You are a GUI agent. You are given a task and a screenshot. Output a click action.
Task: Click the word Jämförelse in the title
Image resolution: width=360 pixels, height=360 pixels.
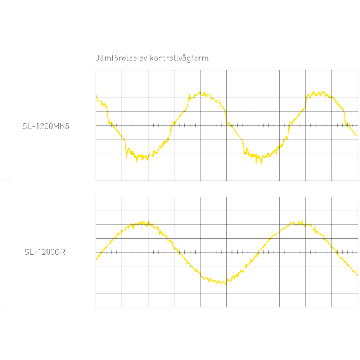click(x=115, y=58)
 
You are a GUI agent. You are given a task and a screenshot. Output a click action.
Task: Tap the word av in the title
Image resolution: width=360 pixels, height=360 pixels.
click(x=143, y=58)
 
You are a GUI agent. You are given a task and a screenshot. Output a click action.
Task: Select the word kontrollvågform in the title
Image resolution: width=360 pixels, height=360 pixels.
click(x=179, y=58)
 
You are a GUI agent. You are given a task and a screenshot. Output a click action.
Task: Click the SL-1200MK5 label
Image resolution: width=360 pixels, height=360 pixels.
click(x=46, y=126)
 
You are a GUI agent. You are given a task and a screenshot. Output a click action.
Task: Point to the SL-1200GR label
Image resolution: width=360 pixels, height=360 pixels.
click(x=45, y=252)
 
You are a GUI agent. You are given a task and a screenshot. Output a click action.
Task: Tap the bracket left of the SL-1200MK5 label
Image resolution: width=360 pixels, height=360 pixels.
click(x=3, y=125)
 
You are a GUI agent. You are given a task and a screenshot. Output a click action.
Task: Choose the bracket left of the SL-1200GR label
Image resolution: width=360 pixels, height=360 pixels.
click(x=3, y=252)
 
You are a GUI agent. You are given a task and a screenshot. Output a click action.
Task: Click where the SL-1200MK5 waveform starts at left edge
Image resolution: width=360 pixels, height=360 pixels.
click(x=96, y=96)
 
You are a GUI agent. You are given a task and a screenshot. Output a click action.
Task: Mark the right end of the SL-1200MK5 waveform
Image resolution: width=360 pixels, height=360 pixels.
click(x=357, y=136)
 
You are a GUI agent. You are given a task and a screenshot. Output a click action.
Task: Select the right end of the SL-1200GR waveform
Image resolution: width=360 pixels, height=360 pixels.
click(x=357, y=274)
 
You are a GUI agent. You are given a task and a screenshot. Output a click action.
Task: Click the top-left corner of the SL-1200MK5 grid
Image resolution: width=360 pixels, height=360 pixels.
click(x=96, y=71)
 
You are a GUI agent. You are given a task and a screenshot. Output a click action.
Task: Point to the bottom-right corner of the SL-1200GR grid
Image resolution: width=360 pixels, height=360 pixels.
click(x=358, y=307)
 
